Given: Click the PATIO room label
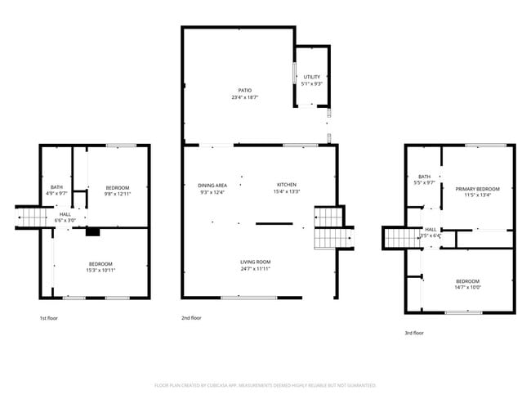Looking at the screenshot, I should click(244, 90).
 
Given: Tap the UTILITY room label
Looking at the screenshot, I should click(312, 77).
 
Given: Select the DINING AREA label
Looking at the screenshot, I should click(212, 185).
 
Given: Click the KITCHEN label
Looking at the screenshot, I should click(286, 185).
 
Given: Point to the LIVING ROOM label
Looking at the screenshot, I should click(255, 262).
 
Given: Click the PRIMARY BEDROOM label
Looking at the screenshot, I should click(476, 188).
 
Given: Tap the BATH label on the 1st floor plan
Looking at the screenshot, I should click(56, 186).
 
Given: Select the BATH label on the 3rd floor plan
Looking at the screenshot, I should click(424, 177).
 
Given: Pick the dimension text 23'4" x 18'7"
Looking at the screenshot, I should click(244, 97).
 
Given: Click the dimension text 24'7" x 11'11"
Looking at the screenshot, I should click(255, 269).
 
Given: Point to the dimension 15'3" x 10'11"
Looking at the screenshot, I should click(100, 270).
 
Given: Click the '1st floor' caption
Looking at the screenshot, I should click(48, 318).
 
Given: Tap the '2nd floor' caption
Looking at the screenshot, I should click(190, 318).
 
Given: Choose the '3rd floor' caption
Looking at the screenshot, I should click(414, 333).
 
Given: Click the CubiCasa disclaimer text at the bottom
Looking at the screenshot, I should click(265, 385).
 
